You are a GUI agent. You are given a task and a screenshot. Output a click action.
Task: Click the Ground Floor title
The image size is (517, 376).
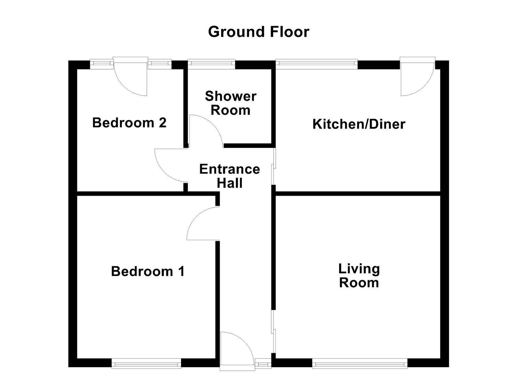(x=258, y=32)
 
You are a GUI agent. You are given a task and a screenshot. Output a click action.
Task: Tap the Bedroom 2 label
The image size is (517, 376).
(x=129, y=123)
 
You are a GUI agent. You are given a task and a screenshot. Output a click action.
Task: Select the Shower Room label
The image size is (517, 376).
(x=230, y=103)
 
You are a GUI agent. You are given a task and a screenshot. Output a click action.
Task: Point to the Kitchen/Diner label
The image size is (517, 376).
(x=359, y=124)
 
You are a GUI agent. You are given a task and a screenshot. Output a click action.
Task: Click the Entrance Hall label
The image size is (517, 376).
(x=229, y=176)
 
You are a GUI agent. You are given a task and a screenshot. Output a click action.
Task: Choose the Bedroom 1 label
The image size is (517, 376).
(x=148, y=271)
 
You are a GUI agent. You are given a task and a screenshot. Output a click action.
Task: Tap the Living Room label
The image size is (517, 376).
(x=359, y=275)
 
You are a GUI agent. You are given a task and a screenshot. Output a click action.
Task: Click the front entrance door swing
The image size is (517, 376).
(x=236, y=348)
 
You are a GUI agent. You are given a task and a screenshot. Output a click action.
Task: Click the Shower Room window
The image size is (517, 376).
(x=211, y=63)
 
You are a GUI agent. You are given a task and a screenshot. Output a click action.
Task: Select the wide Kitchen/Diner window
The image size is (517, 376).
(x=316, y=63)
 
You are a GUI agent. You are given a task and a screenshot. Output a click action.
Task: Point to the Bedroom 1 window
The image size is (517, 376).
(x=146, y=364)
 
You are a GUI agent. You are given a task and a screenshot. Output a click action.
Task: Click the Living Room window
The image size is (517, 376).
(x=360, y=364)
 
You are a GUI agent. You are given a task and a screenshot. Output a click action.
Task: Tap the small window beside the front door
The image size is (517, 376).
(x=263, y=364)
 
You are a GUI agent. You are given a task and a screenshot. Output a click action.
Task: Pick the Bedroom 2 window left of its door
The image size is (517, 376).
(x=102, y=63)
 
